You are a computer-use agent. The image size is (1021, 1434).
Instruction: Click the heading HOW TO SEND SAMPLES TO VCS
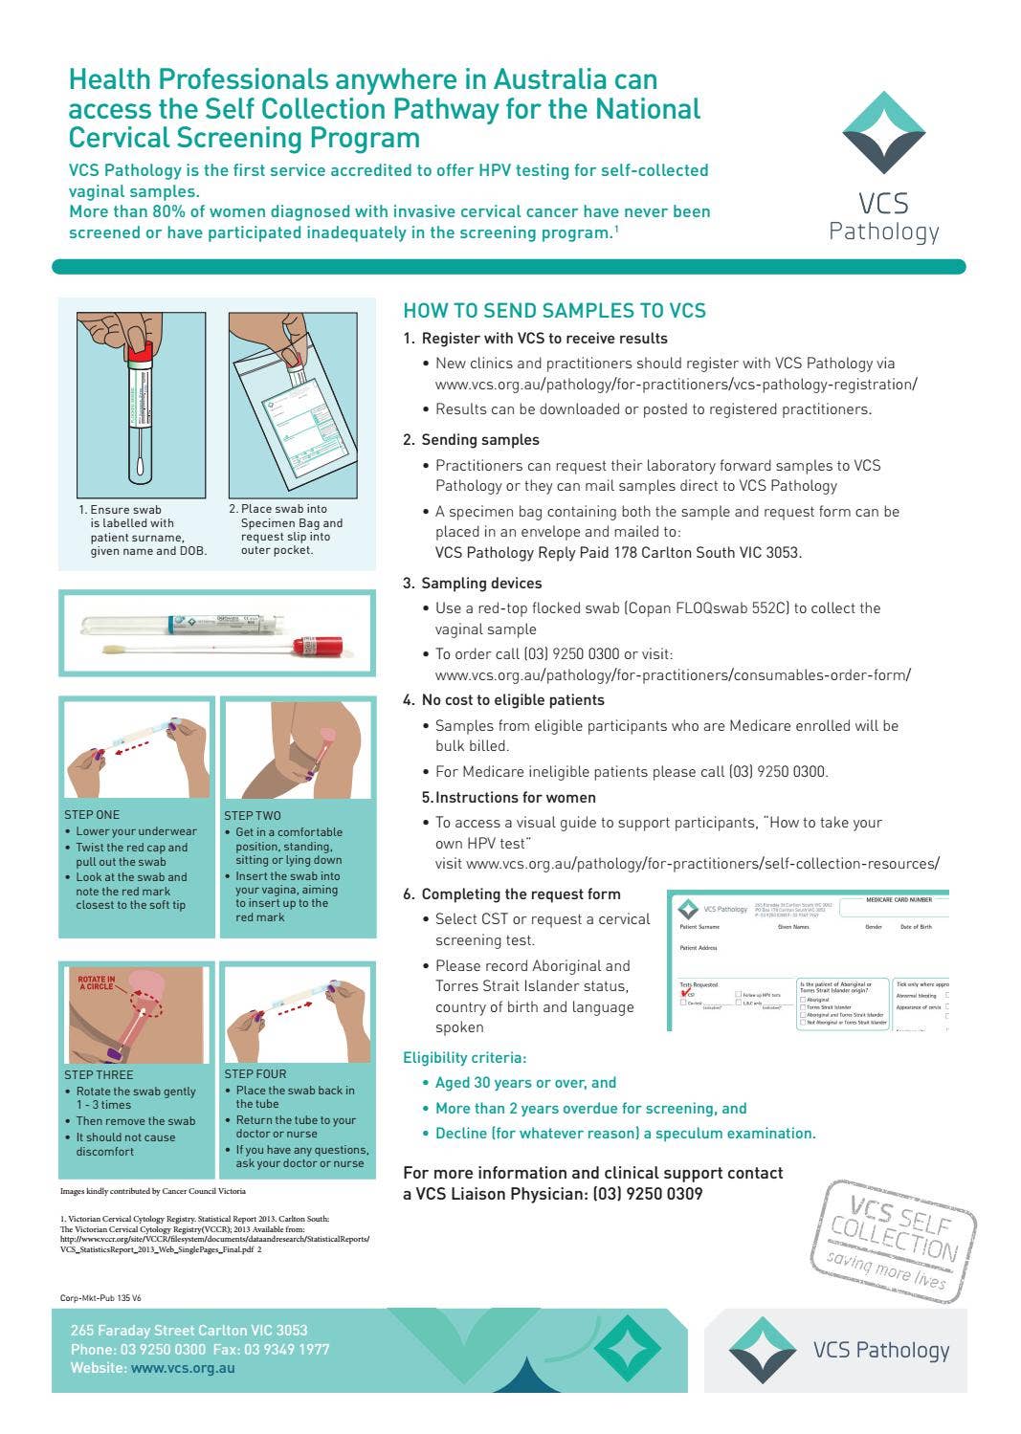554,311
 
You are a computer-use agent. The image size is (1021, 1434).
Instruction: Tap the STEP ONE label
92,815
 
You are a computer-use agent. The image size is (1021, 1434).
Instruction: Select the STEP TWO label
253,816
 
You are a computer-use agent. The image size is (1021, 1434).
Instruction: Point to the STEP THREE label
99,1075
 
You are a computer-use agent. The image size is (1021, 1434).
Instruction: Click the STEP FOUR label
255,1074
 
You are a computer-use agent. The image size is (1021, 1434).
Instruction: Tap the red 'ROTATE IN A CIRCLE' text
97,982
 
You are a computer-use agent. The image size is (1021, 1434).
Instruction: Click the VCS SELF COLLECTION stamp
894,1241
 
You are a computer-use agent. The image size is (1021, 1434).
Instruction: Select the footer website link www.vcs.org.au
183,1368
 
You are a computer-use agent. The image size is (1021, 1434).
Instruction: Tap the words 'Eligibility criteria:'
464,1058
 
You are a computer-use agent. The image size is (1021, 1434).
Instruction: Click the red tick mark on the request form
686,993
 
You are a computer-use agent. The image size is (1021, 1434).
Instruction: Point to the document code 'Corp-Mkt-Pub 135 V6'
100,1298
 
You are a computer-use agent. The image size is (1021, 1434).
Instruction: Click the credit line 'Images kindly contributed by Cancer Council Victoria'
153,1191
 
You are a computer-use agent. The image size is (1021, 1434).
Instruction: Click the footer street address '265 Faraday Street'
189,1331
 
